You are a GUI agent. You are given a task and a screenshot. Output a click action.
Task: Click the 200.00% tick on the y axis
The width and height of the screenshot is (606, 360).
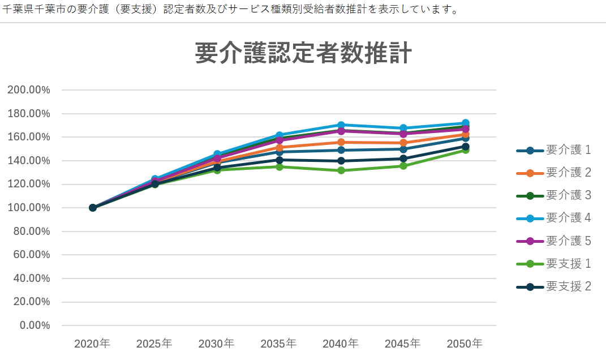pos(28,90)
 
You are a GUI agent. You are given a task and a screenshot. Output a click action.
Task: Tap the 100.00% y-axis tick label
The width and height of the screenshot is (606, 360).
pos(28,208)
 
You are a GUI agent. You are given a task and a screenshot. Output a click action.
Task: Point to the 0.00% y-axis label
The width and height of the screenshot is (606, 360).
pos(34,325)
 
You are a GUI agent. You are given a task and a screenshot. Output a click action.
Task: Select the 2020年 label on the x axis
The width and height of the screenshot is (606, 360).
pos(93,344)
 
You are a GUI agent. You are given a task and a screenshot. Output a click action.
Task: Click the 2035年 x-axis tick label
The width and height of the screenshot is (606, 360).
pos(279,344)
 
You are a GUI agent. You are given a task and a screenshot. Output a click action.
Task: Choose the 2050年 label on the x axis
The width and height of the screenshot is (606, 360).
pos(465,344)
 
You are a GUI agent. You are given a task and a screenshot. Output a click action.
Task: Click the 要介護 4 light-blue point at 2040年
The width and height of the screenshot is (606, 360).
pos(341,125)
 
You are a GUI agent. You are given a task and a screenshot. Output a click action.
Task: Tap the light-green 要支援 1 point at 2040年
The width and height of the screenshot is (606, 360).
pos(341,170)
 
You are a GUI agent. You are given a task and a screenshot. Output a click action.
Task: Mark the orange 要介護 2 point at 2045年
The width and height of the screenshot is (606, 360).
pos(403,143)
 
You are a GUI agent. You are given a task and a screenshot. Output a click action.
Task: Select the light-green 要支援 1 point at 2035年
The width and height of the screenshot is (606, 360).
pos(279,166)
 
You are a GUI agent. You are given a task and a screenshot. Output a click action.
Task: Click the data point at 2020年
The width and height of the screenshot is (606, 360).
pos(93,208)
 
